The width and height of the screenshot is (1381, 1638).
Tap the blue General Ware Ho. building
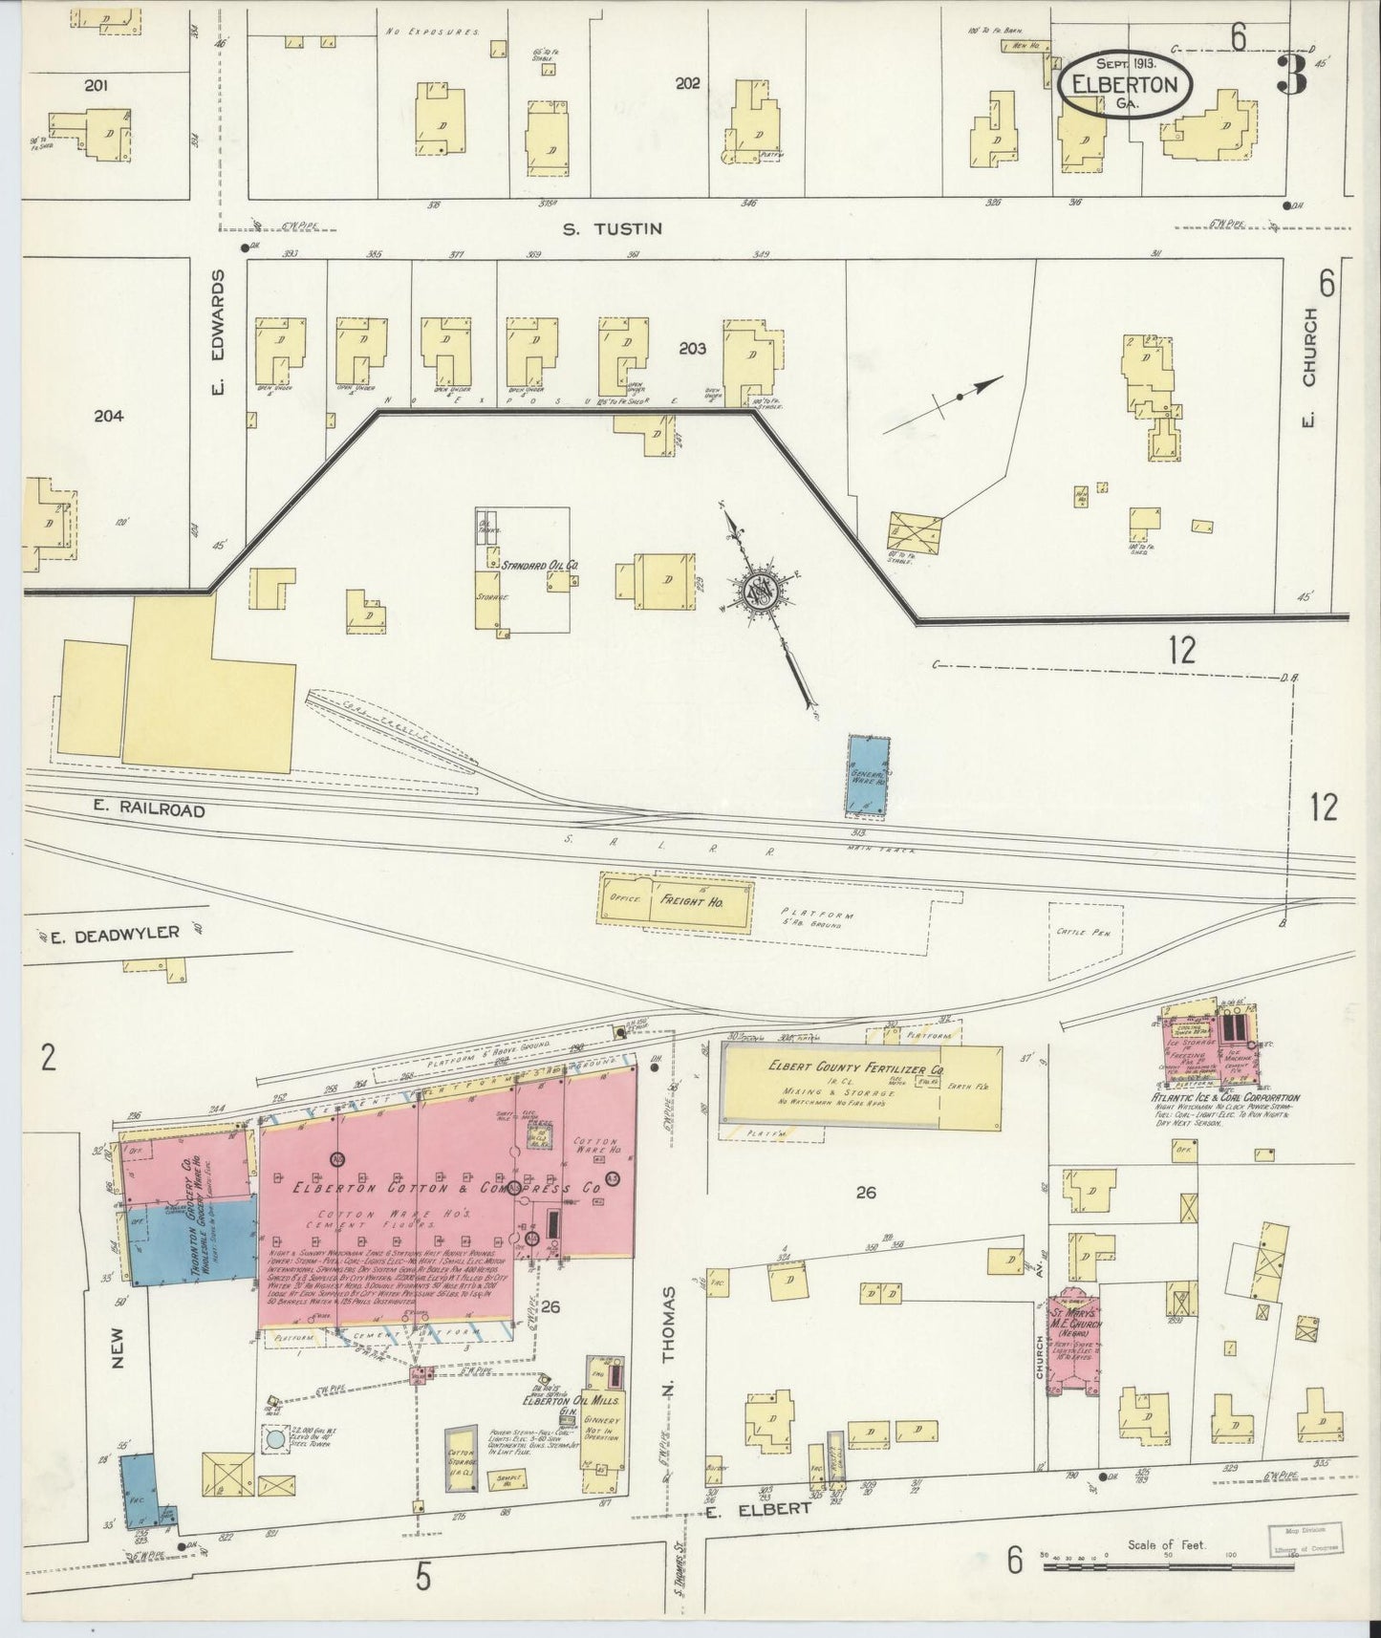pos(868,775)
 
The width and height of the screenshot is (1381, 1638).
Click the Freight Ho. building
pos(676,900)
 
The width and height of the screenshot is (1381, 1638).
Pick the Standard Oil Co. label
pos(540,566)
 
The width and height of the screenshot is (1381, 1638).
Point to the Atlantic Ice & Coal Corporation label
pos(1224,1098)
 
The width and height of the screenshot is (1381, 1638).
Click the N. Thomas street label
pos(669,1342)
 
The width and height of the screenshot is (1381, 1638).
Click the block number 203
pos(692,350)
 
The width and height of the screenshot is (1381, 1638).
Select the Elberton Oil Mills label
pos(572,1402)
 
